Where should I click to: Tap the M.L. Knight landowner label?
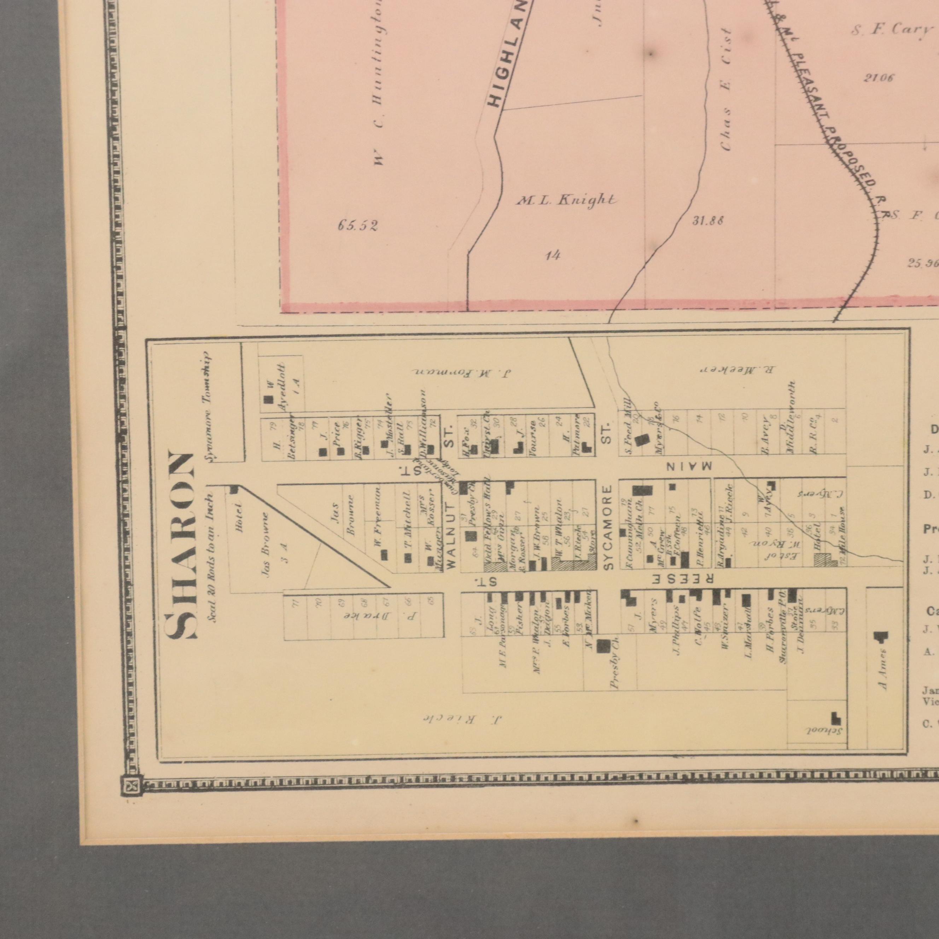coord(566,200)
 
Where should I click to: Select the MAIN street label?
coord(687,466)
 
